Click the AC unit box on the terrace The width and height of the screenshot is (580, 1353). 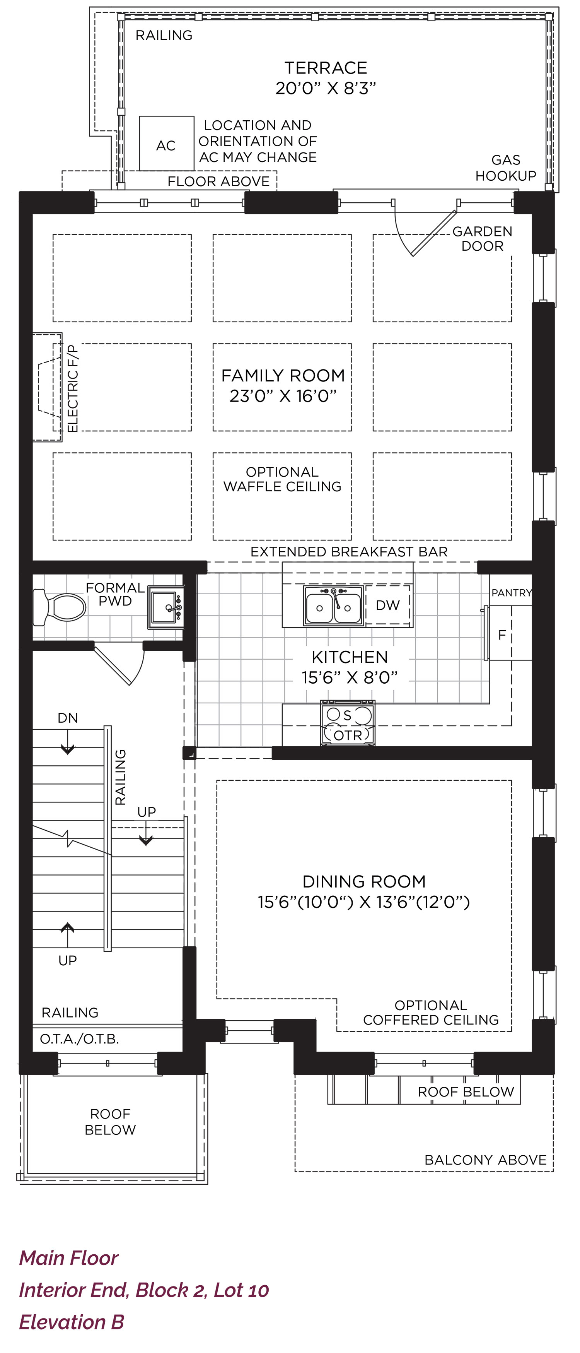pyautogui.click(x=166, y=144)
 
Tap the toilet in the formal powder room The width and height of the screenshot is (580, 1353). pyautogui.click(x=59, y=608)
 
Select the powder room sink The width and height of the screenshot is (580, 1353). pyautogui.click(x=166, y=607)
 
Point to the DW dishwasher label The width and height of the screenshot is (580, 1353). pyautogui.click(x=388, y=605)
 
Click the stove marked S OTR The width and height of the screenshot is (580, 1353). pyautogui.click(x=348, y=723)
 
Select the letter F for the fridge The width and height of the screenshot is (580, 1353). pyautogui.click(x=502, y=635)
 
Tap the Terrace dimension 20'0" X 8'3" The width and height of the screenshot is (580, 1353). pyautogui.click(x=326, y=88)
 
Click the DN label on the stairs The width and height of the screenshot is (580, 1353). pyautogui.click(x=68, y=718)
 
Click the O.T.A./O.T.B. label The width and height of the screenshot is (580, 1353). pyautogui.click(x=79, y=1039)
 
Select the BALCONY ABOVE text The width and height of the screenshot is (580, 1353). pyautogui.click(x=486, y=1159)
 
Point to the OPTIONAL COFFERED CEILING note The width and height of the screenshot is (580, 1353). pyautogui.click(x=431, y=1012)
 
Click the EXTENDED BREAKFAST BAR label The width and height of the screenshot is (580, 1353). pyautogui.click(x=349, y=551)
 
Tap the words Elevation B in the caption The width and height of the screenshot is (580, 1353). pyautogui.click(x=72, y=1322)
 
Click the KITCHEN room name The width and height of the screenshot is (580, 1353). pyautogui.click(x=350, y=657)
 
